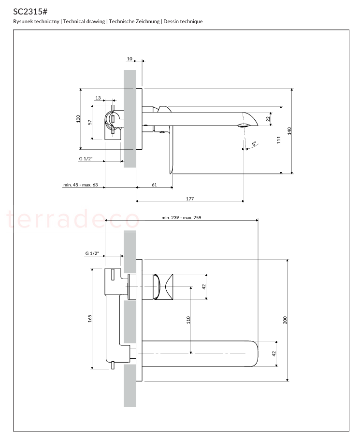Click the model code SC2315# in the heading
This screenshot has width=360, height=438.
[x=30, y=12]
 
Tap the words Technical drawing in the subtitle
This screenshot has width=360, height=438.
[x=84, y=22]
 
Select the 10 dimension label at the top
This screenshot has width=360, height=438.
[x=130, y=58]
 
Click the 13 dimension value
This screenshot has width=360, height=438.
[x=98, y=98]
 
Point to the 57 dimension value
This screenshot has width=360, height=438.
[x=90, y=122]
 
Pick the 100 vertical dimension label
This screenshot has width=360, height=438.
[x=78, y=119]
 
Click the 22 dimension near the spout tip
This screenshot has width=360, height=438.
[x=268, y=119]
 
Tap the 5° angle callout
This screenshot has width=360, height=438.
[x=254, y=144]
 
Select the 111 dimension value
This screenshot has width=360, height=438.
[x=279, y=140]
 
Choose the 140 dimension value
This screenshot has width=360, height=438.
[x=289, y=131]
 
